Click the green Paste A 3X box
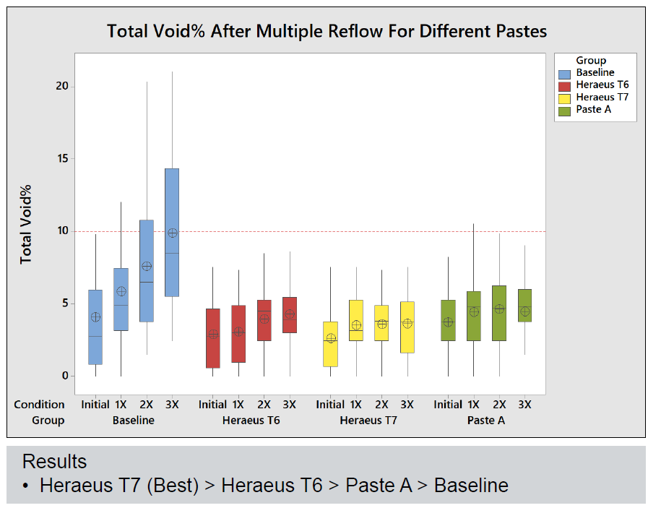coord(525,296)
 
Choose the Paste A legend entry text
coord(595,110)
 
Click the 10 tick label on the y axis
coord(61,231)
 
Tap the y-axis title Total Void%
coord(27,225)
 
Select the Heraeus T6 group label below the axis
coord(251,420)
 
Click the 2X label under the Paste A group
coord(499,405)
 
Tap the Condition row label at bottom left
coord(39,405)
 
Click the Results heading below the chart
coord(54,462)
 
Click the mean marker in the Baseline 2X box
coord(147,266)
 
